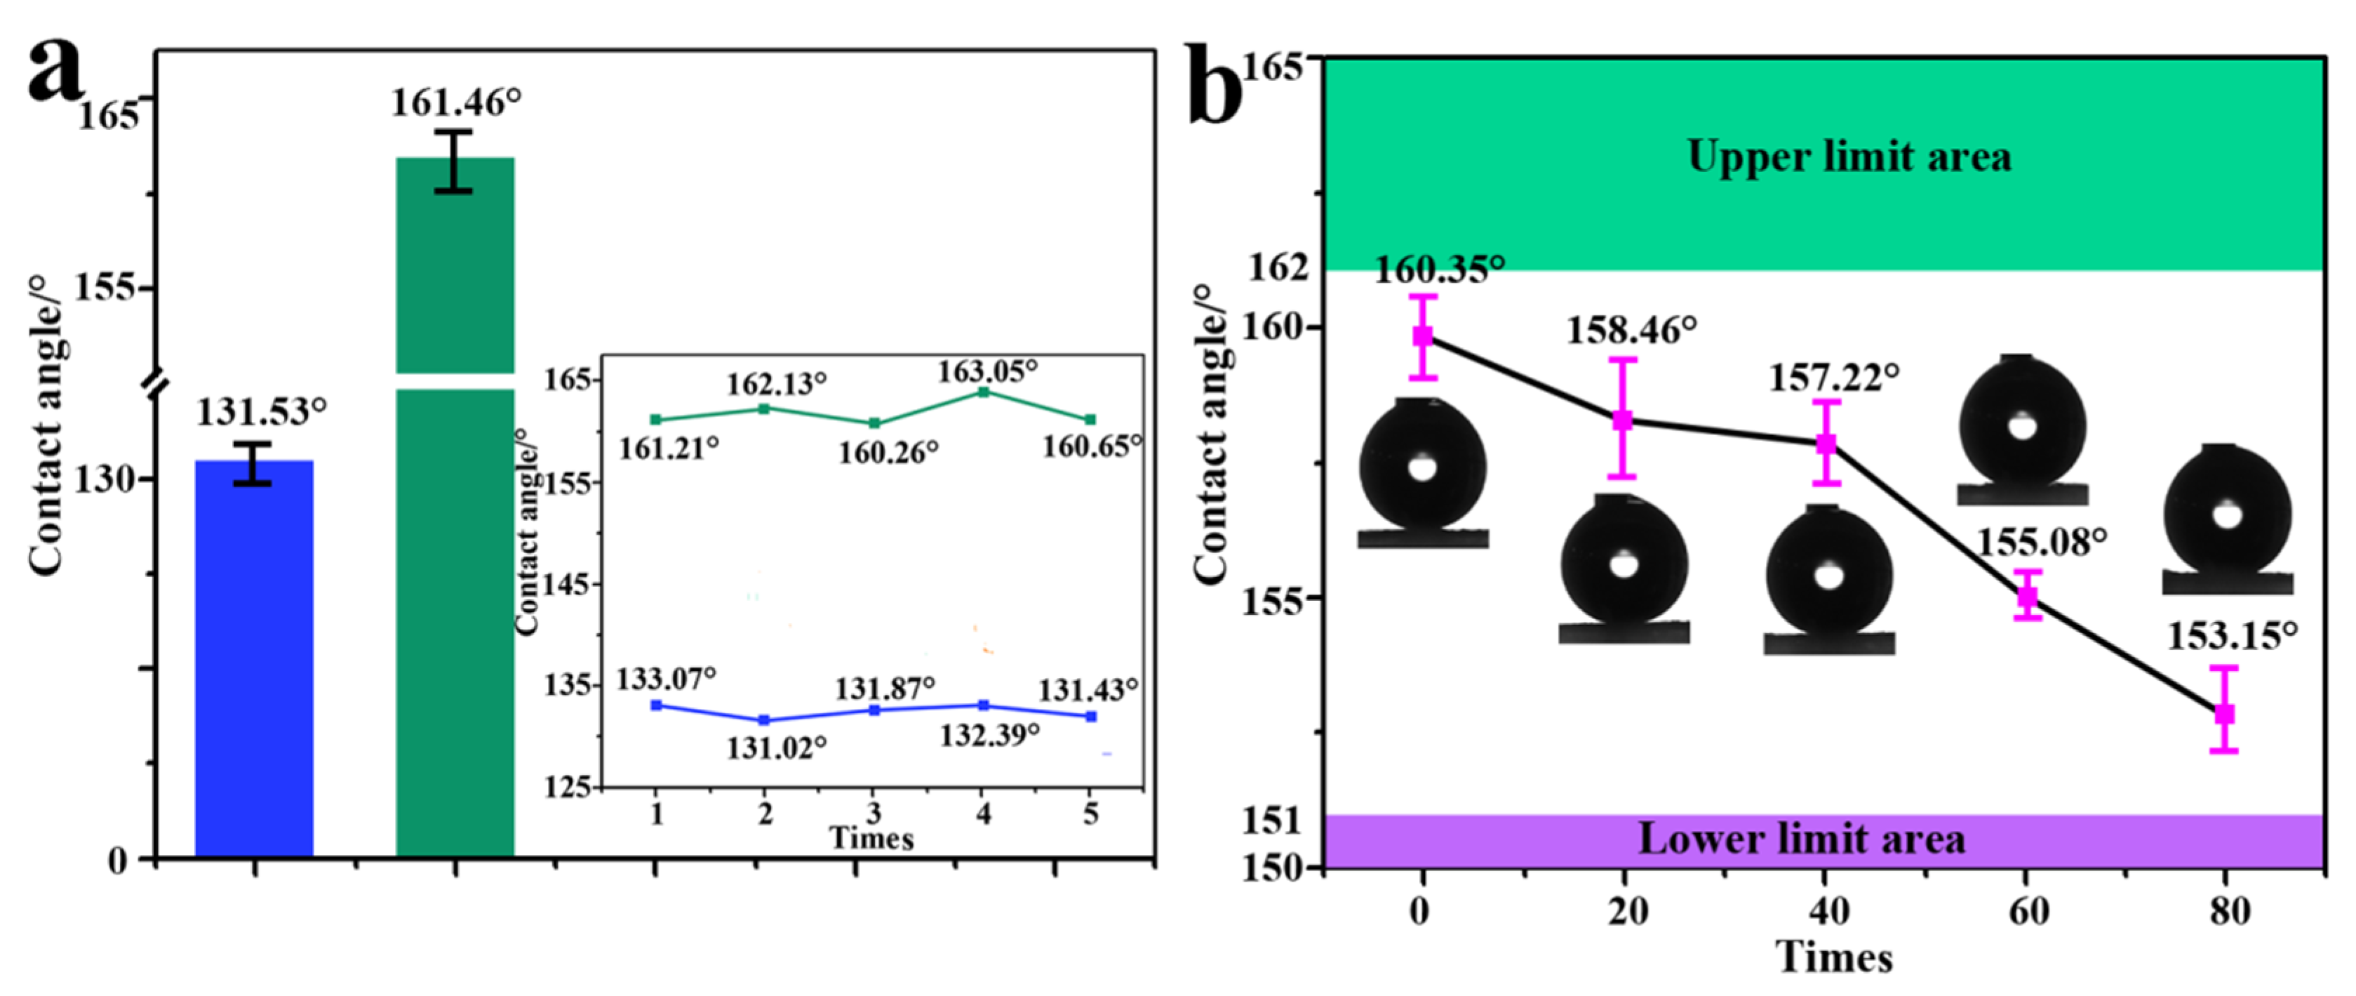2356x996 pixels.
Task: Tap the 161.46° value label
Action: tap(455, 102)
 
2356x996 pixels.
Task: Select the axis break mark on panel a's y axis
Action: tap(156, 383)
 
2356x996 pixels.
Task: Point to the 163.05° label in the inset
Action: tap(987, 371)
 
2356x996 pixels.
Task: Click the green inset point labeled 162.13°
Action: tap(765, 409)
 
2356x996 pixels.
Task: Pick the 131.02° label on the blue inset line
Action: tap(777, 748)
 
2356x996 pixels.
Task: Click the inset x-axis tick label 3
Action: tap(874, 813)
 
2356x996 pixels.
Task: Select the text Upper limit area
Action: tap(1849, 157)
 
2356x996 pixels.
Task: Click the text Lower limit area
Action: tap(1801, 839)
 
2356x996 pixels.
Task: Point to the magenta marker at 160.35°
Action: tap(1423, 336)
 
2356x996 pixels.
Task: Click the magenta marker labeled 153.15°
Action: tap(2224, 713)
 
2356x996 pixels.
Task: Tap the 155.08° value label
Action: tap(2042, 543)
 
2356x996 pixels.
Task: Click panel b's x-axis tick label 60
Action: tap(2028, 912)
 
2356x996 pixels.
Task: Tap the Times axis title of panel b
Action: tap(1834, 957)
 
